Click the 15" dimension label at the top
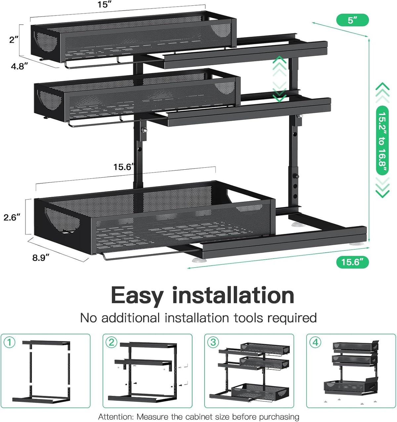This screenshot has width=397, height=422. click(x=105, y=4)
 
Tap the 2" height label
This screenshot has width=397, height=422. click(x=14, y=40)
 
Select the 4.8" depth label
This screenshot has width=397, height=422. click(x=20, y=66)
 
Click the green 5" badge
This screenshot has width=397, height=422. click(x=352, y=20)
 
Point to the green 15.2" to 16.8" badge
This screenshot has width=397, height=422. click(x=382, y=140)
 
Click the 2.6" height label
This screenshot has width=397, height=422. click(x=12, y=217)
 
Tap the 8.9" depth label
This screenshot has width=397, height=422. click(x=41, y=258)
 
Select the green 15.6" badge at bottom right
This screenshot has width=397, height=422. click(x=352, y=262)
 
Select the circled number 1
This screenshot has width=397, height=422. click(x=10, y=343)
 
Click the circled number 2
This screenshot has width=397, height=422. click(x=111, y=343)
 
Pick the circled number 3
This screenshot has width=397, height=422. click(x=213, y=343)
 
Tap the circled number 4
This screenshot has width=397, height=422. click(x=315, y=343)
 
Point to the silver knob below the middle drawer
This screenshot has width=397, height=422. click(x=144, y=130)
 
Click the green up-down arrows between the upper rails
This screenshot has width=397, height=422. click(x=280, y=79)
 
